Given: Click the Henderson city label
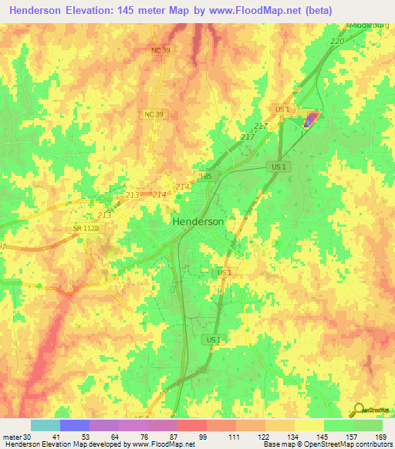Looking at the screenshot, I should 197,221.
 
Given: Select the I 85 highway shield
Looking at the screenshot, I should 206,177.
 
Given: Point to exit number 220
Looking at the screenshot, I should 336,41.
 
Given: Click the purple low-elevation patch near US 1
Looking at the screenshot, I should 310,120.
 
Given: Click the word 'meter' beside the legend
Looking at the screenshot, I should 11,436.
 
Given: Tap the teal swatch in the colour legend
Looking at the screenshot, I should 45,425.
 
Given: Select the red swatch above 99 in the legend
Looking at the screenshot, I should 191,425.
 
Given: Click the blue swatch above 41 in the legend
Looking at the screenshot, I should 74,425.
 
